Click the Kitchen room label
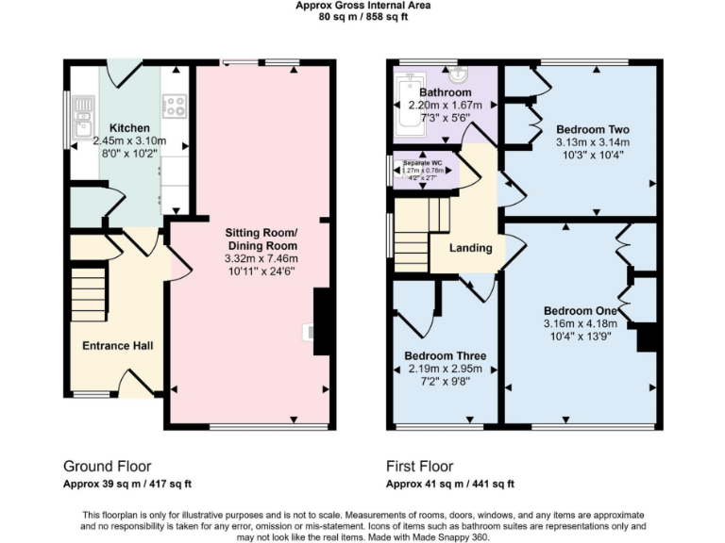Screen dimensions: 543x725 click(127, 128)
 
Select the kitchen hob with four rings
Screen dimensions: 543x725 click(174, 106)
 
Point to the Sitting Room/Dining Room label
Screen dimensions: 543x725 click(261, 239)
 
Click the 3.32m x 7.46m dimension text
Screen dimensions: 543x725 click(261, 258)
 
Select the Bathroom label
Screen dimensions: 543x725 click(445, 92)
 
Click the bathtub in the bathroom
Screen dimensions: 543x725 click(406, 107)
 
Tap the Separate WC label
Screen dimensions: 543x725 click(423, 163)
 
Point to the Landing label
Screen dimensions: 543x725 click(469, 248)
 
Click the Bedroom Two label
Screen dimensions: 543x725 click(592, 129)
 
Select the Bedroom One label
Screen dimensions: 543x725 click(580, 311)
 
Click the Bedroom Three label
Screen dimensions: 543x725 click(445, 355)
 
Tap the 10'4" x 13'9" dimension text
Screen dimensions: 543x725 click(580, 337)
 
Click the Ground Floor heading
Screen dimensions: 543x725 click(107, 466)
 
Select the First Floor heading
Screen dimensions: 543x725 click(419, 466)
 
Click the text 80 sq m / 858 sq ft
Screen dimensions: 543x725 click(362, 16)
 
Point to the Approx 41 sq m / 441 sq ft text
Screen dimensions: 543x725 click(449, 484)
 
